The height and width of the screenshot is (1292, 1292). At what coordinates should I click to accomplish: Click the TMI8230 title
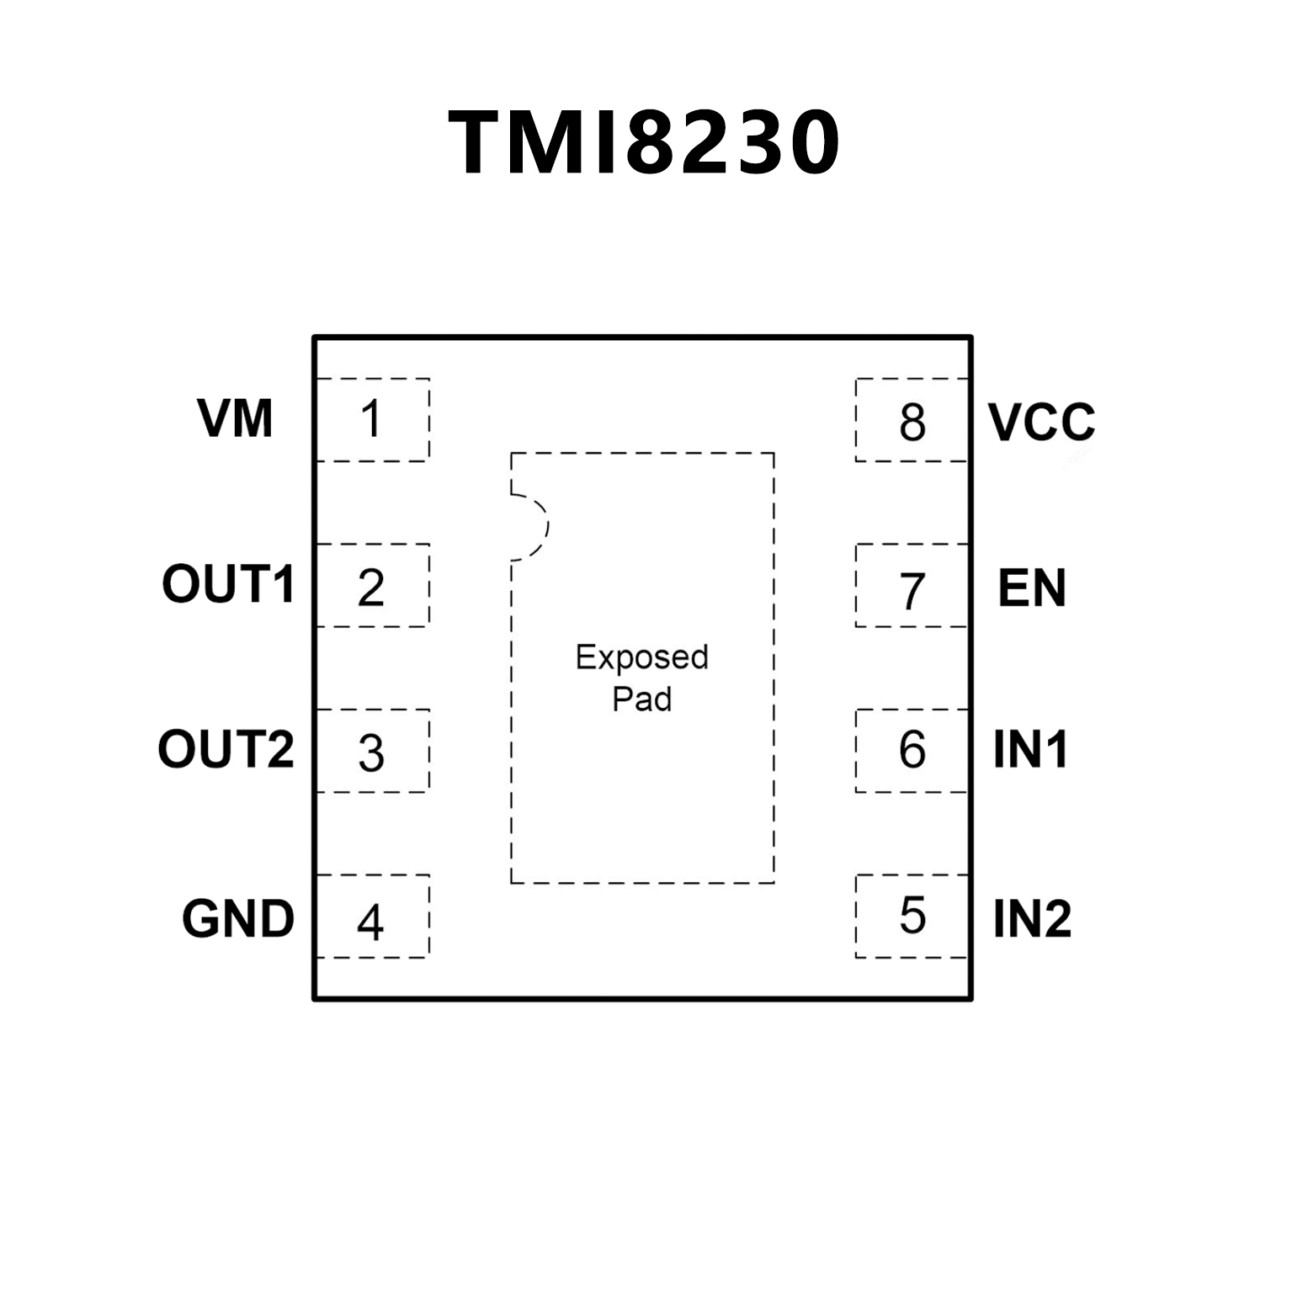click(645, 143)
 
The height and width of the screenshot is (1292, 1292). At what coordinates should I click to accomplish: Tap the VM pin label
click(236, 418)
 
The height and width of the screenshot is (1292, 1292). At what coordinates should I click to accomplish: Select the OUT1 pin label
click(228, 583)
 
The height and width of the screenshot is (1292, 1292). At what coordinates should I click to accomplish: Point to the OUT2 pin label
click(226, 748)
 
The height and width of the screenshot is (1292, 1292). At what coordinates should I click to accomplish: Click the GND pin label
click(238, 918)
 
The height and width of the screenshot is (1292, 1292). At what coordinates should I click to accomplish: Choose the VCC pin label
click(1042, 422)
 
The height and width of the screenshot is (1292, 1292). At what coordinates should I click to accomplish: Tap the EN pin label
click(1032, 588)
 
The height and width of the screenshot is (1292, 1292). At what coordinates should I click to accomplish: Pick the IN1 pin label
click(1031, 749)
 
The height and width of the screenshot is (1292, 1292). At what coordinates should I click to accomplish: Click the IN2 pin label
click(1032, 918)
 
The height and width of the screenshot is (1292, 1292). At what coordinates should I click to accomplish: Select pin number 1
click(371, 418)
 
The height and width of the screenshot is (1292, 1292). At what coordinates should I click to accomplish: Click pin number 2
click(371, 588)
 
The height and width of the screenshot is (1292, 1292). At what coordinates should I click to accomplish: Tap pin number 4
click(370, 922)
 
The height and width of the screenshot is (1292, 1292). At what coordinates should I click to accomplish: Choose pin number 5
click(912, 915)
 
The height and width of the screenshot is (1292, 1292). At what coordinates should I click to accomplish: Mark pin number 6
click(912, 749)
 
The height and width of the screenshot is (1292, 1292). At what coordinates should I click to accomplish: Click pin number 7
click(912, 591)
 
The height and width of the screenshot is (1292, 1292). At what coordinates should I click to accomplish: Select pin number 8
click(912, 423)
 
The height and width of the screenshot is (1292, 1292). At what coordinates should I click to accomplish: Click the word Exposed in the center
click(641, 657)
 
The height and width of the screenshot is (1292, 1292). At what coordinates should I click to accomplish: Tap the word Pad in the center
click(641, 699)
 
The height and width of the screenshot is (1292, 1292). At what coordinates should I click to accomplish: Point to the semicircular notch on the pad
click(530, 527)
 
